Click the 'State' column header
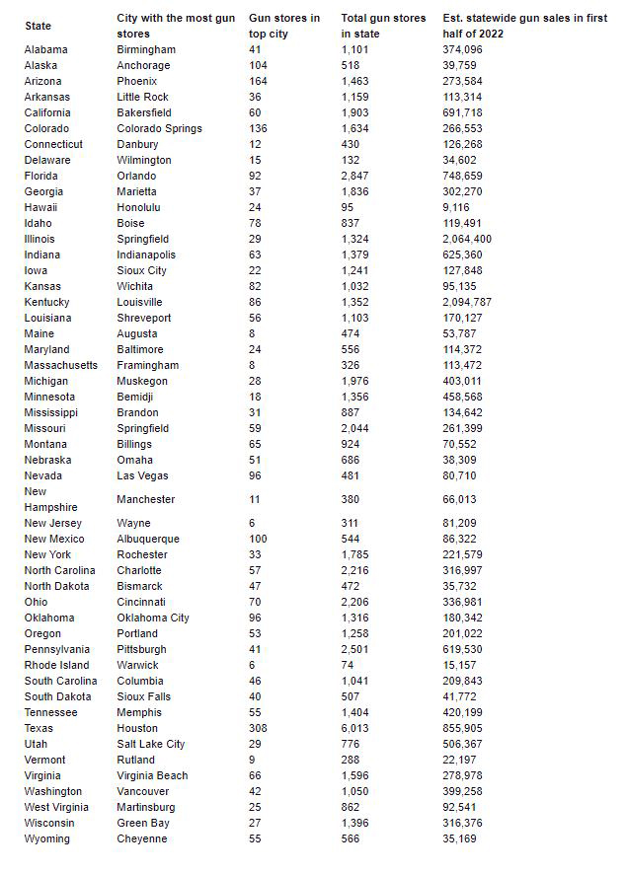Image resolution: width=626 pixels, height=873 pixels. point(38,26)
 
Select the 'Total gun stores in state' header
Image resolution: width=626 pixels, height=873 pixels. point(383,26)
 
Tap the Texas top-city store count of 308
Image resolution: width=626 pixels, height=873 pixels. point(258,728)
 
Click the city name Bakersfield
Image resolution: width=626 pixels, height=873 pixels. point(147,112)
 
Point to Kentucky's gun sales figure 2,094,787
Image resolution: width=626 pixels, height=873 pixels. point(467,302)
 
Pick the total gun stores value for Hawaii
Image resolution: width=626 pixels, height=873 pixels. point(348,207)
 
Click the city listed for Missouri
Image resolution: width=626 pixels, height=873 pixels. point(142,428)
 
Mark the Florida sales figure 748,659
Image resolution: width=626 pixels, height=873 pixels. point(463,176)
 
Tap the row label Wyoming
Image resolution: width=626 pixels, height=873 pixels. point(47,838)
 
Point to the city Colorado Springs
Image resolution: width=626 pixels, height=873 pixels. point(159,128)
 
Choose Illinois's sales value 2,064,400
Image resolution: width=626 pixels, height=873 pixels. point(467,239)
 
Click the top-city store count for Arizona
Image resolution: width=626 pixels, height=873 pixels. point(258,81)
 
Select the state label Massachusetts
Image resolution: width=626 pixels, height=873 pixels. point(61,365)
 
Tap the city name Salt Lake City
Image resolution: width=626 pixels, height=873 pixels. point(150,744)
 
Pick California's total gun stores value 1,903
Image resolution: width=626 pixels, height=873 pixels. point(355,112)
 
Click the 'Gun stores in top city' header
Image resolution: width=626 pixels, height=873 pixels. point(284,26)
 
